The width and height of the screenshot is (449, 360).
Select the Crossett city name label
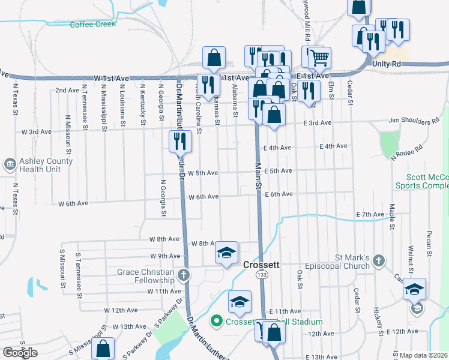(x=262, y=265)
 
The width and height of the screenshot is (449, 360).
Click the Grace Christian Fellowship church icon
(x=184, y=275)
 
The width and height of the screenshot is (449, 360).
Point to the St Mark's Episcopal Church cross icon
(x=378, y=261)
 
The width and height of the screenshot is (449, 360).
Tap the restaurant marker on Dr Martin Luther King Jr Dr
(x=179, y=141)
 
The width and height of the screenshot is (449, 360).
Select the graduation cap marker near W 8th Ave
(x=227, y=253)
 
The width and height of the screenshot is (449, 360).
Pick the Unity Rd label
(x=386, y=64)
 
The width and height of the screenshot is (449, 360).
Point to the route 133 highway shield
(x=262, y=274)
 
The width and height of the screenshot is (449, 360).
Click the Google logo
(x=20, y=353)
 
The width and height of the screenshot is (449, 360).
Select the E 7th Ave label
(x=369, y=214)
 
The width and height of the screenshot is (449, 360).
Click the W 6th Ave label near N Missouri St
(x=73, y=203)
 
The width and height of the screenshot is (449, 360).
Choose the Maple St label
(x=391, y=217)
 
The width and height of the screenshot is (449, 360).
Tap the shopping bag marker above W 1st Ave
(x=214, y=58)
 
